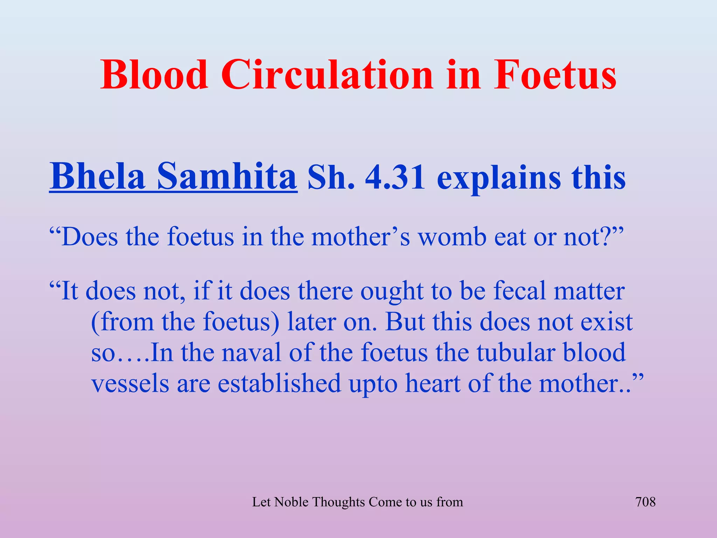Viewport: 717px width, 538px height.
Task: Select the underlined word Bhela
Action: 97,176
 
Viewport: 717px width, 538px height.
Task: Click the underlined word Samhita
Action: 227,176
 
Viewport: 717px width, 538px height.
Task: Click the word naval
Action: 251,352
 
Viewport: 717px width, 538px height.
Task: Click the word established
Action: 279,383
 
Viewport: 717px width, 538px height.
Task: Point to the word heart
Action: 433,383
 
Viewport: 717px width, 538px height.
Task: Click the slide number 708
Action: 645,502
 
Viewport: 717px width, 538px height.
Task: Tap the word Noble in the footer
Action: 291,502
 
